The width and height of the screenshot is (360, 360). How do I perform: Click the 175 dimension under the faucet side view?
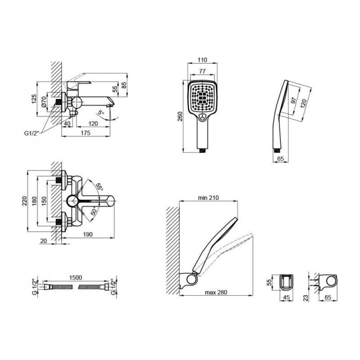(x=85, y=133)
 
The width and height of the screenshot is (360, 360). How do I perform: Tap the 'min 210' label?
(x=208, y=198)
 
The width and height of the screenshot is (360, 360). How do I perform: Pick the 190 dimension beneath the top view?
(x=88, y=234)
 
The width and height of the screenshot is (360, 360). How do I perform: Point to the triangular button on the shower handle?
(x=203, y=116)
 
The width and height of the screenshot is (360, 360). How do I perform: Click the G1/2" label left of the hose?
(x=35, y=286)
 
